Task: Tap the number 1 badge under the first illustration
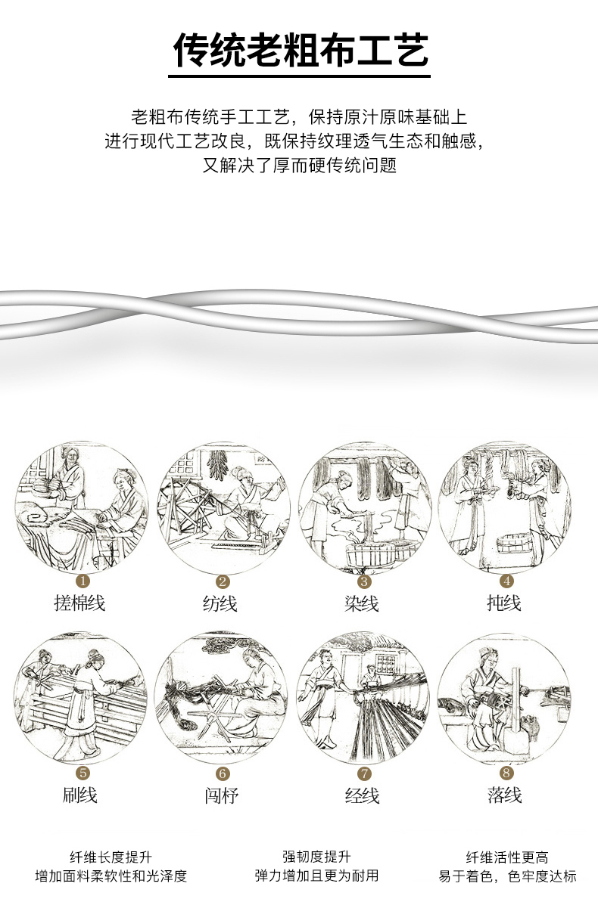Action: pos(83,581)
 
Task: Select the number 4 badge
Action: pos(506,581)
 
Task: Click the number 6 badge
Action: pos(223,773)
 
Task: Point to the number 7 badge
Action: pos(365,773)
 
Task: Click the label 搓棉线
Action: pos(79,603)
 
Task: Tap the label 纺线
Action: pos(220,603)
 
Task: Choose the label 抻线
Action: pos(504,603)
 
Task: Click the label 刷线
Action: pos(79,795)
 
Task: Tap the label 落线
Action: pos(504,795)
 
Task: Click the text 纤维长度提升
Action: pos(111,857)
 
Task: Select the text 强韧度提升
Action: pos(316,857)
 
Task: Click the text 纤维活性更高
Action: pos(507,857)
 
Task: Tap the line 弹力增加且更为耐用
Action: pos(316,876)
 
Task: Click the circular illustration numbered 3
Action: pos(364,507)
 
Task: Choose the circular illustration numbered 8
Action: pos(505,699)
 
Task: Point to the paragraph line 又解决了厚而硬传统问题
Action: pos(300,166)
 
